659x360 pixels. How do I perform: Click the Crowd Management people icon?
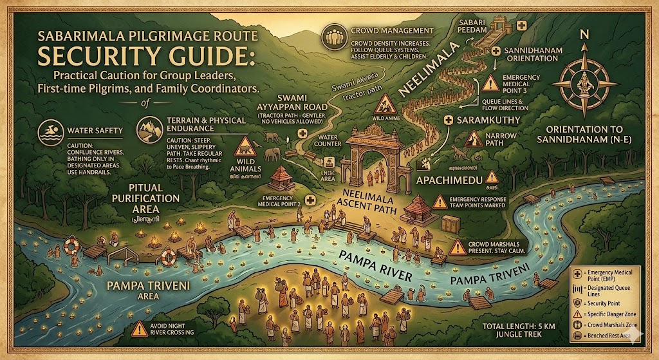click(x=337, y=35)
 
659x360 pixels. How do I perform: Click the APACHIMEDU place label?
click(x=446, y=176)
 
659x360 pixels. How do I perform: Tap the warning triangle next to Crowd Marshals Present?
click(x=458, y=246)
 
